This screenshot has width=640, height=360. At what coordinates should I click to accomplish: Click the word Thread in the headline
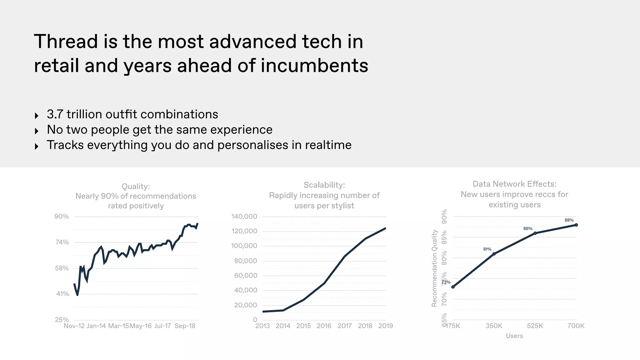tap(66, 42)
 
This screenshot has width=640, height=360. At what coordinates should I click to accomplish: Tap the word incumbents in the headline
tap(314, 66)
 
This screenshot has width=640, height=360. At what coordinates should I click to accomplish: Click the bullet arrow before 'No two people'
tap(37, 131)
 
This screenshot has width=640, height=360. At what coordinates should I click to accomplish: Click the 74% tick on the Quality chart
tap(62, 242)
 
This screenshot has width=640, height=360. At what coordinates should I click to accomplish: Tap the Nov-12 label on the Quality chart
tap(74, 326)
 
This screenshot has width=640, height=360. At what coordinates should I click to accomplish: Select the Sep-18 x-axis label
tap(185, 326)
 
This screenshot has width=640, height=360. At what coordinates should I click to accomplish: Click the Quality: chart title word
tap(136, 187)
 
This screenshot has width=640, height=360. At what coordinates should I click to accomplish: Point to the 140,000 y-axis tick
tap(244, 217)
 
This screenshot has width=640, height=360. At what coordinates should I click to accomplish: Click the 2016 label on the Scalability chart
tap(324, 326)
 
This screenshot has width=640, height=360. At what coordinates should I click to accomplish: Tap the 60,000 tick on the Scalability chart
tap(246, 276)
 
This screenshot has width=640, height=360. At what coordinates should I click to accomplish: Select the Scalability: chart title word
tap(324, 185)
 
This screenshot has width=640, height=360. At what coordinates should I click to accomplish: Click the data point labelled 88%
tap(576, 225)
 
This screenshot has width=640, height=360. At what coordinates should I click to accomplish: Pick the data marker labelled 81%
tap(494, 254)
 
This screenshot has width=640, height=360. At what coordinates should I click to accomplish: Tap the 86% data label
tap(528, 229)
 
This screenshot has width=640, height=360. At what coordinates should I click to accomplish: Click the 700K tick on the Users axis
tap(576, 326)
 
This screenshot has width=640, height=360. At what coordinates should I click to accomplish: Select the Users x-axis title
tap(514, 336)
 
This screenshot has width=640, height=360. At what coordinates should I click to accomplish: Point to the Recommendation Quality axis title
tap(434, 268)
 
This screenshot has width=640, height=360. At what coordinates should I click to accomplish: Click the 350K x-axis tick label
tap(494, 326)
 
